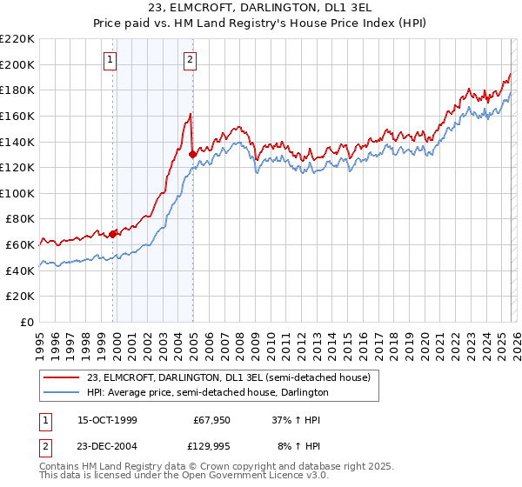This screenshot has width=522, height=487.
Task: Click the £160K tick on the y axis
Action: (18, 116)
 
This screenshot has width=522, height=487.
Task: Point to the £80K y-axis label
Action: (18, 219)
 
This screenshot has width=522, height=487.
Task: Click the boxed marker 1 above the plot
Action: (112, 60)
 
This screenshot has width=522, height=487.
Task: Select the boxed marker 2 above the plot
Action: (190, 60)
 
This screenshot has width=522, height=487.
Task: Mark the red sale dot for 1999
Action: (113, 234)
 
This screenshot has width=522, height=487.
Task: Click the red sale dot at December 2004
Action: (192, 154)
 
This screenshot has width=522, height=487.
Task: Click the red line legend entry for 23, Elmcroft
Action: (229, 377)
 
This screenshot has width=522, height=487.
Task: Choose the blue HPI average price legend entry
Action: (207, 392)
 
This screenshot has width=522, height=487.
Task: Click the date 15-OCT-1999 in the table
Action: (107, 420)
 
